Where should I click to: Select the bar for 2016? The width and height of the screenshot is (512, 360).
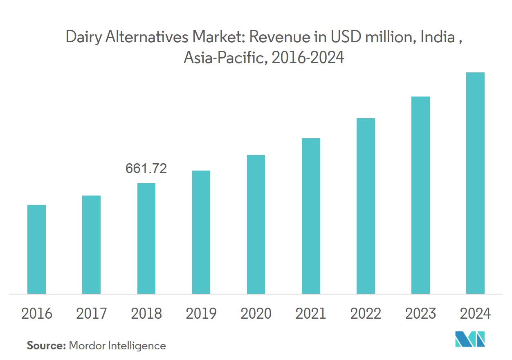click(36, 249)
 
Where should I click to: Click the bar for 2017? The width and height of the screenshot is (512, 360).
click(91, 245)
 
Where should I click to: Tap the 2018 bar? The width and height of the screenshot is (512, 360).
click(146, 239)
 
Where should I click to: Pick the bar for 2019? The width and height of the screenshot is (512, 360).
click(201, 232)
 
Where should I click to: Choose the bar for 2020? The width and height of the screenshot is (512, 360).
click(256, 224)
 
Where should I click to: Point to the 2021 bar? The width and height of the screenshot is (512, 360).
click(311, 216)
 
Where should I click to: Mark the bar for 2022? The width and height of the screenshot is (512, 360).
click(366, 206)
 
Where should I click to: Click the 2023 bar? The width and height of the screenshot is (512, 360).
click(420, 195)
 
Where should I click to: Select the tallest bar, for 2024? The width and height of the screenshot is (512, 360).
click(475, 183)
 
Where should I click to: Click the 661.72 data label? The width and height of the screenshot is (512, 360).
click(146, 169)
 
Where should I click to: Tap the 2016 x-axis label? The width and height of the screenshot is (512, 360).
click(36, 314)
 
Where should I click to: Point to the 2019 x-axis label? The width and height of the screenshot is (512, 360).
click(201, 314)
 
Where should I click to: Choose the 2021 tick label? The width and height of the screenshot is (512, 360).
click(311, 314)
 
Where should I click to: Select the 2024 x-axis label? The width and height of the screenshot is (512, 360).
click(475, 314)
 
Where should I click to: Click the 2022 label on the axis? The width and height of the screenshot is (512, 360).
click(366, 314)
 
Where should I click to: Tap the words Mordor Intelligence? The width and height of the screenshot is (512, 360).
click(117, 346)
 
